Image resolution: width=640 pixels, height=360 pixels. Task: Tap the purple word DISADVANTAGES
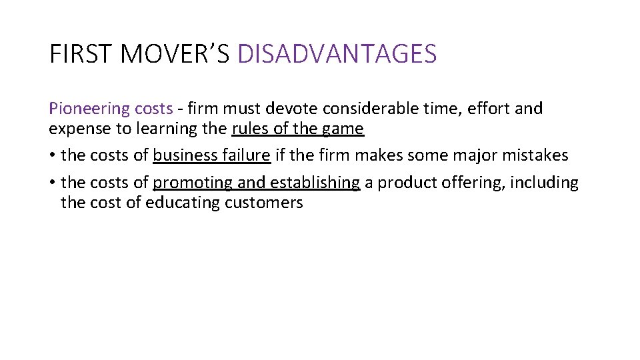337,53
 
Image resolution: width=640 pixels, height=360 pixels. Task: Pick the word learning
164,129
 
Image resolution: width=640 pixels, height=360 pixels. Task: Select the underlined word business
183,156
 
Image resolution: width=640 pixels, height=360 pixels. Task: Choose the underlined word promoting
193,183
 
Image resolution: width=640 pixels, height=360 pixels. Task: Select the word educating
183,203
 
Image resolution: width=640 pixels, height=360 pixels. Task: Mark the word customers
264,203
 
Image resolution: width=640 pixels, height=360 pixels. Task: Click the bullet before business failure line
52,156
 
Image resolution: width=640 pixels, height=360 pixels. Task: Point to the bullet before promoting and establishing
52,183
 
